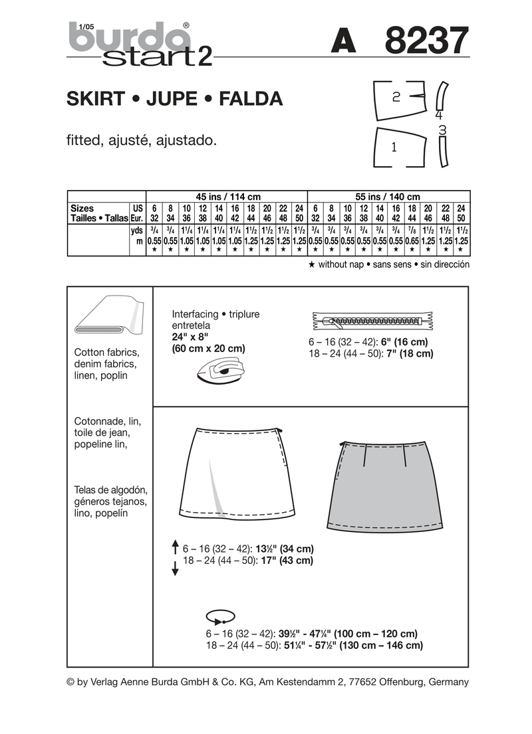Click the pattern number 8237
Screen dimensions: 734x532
(426, 42)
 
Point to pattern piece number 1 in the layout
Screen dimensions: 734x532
(396, 147)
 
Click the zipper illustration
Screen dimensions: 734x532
(369, 323)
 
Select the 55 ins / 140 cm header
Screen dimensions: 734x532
(388, 197)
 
